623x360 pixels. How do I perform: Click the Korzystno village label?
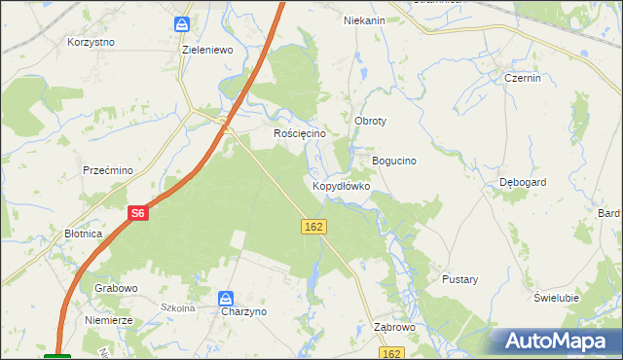point(92,43)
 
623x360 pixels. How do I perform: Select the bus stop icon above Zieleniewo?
point(182,23)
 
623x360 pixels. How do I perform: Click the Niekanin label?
point(365,19)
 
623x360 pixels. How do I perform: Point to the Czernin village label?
point(523,79)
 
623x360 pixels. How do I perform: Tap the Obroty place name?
point(371,121)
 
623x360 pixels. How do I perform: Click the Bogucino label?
point(394,161)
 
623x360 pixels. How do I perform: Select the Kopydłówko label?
point(341,185)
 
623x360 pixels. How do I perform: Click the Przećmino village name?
point(108,170)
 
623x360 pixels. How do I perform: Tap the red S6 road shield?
point(137,213)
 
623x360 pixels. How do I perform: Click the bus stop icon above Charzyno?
point(226,298)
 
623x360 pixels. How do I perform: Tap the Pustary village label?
point(460,279)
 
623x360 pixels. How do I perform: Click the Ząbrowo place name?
point(394,328)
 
